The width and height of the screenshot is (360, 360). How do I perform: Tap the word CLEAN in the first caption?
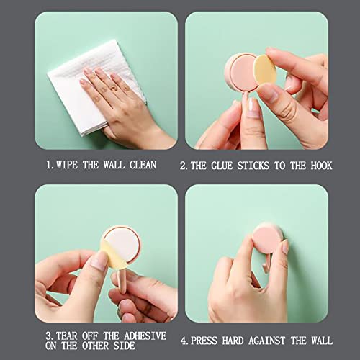(143, 165)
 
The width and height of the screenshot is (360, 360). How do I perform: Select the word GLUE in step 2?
(222, 166)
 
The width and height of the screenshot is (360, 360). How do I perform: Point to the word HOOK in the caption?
(321, 166)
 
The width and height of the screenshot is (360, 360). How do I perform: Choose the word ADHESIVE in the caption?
(145, 336)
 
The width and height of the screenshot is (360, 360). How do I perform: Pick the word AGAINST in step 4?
(267, 341)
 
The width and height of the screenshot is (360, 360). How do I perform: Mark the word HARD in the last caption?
(233, 341)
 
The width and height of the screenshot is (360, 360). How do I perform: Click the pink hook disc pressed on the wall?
(267, 239)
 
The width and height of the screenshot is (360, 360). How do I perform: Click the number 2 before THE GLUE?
(183, 166)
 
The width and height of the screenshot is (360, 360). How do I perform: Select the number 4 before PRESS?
(184, 341)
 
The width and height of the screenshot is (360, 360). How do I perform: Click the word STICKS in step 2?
(253, 166)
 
